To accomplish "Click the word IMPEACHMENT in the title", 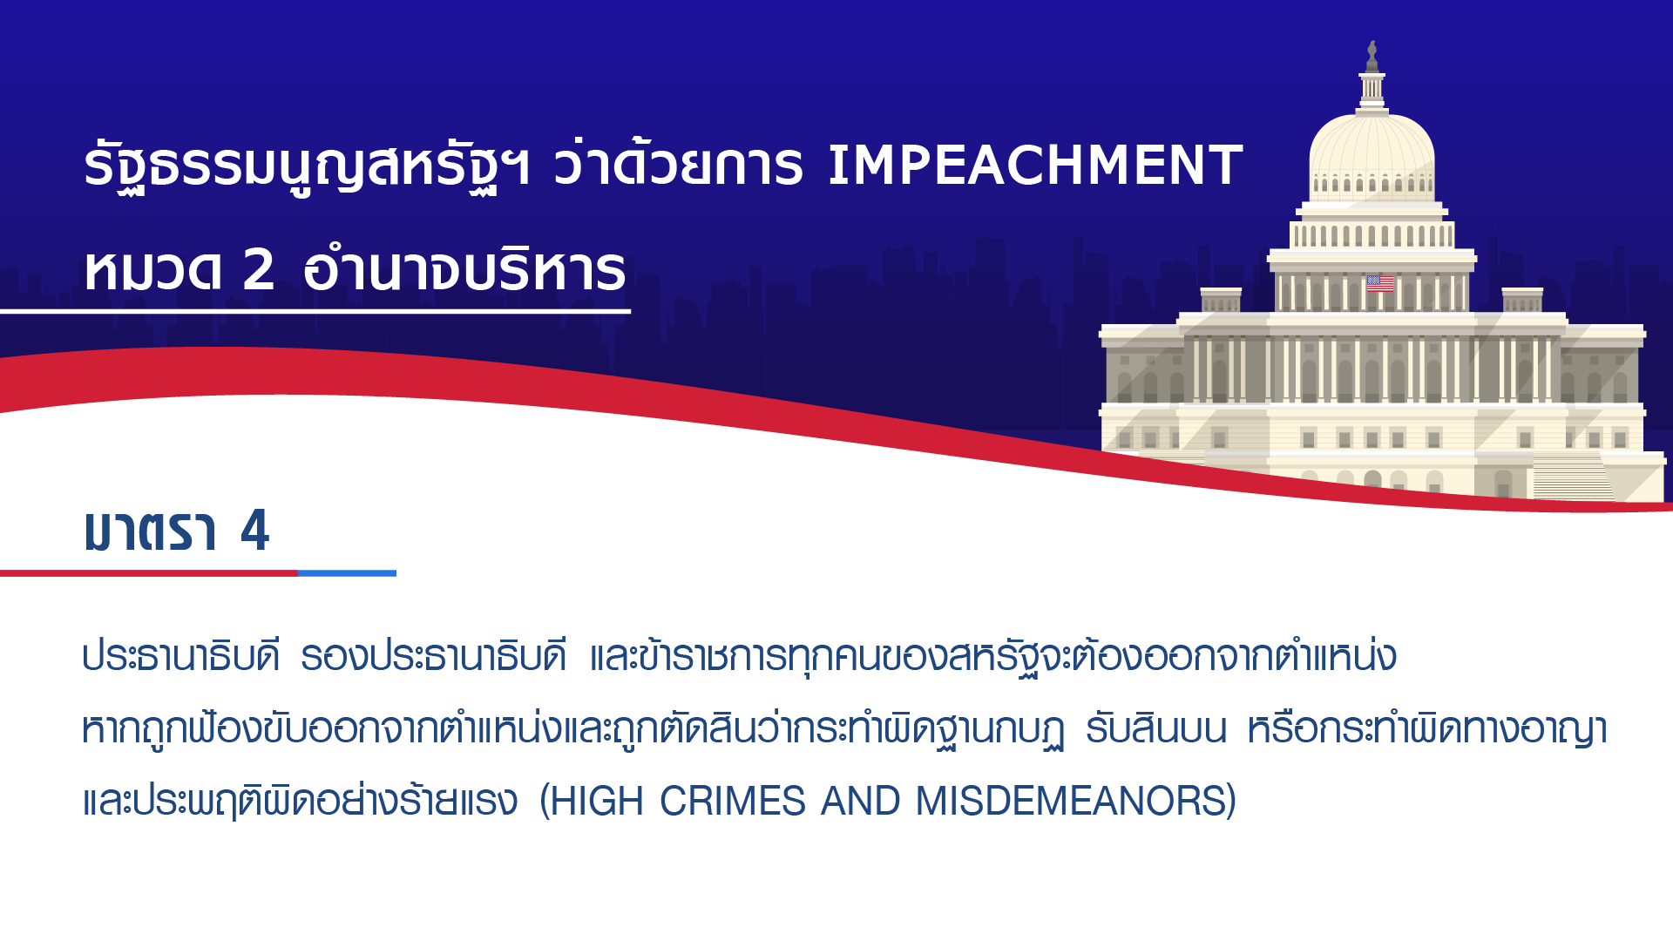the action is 1034,165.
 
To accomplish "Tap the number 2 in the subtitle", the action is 259,269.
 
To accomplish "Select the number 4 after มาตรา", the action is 255,530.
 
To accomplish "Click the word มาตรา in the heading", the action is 150,530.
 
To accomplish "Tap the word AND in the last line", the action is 861,801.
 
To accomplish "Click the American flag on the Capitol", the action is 1380,283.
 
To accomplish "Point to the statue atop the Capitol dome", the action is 1372,57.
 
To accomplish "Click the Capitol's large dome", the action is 1372,152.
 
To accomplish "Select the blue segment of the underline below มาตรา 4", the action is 347,573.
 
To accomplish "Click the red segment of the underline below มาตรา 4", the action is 149,573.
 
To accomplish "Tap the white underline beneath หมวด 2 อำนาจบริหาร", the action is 315,311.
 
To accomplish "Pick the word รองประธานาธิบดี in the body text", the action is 434,655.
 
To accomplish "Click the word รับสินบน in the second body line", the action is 1156,728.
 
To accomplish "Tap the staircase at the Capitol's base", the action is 1573,478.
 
